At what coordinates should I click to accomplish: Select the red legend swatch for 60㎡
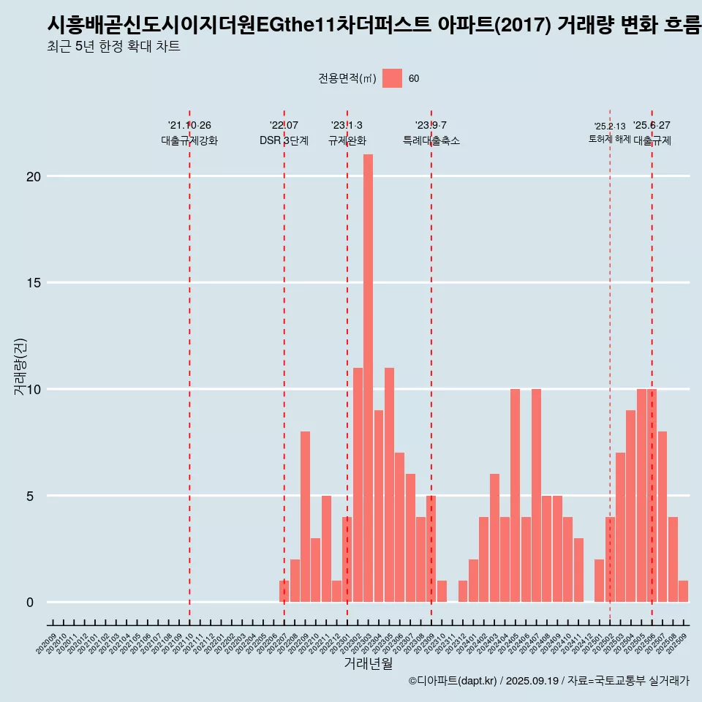[392, 78]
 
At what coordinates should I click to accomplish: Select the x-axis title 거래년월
[368, 664]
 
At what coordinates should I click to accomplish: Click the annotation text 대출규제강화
[189, 141]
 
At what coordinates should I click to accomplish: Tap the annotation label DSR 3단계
[284, 141]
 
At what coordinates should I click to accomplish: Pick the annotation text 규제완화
[347, 141]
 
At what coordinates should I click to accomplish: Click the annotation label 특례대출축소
[431, 141]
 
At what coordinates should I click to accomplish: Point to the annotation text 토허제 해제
[609, 139]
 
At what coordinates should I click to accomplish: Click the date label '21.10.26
[189, 126]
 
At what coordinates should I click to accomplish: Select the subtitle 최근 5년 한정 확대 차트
[113, 47]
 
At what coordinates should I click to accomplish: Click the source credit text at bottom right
[548, 681]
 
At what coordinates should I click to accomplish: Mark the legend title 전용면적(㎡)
[347, 79]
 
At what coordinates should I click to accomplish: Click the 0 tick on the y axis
[30, 603]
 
